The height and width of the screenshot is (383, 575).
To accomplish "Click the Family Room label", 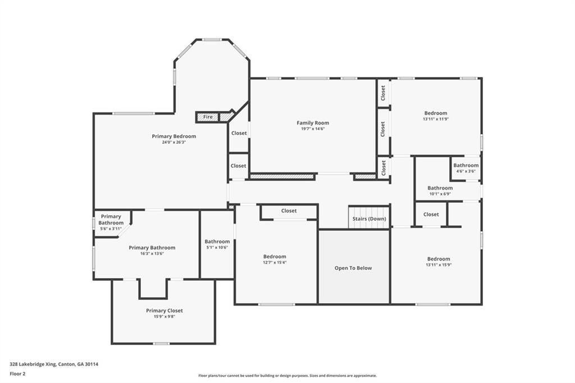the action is tap(313, 123).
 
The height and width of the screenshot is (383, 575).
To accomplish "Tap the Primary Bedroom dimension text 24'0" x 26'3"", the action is tap(174, 142).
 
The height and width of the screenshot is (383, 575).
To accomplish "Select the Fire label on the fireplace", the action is tap(208, 117).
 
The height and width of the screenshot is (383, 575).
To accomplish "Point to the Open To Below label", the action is tap(353, 268).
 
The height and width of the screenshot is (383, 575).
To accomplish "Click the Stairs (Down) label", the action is tap(369, 218).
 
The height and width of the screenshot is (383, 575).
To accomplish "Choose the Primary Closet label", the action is tap(165, 311).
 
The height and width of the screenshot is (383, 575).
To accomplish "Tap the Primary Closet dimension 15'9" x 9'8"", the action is tap(165, 317).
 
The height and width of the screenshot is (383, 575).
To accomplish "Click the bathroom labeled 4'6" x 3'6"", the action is tap(466, 168).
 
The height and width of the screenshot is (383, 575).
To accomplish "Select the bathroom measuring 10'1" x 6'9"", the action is tap(440, 190).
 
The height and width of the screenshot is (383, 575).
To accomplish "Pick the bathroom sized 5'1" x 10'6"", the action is tap(217, 244).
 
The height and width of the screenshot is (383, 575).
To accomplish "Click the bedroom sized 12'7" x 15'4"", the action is tap(275, 259).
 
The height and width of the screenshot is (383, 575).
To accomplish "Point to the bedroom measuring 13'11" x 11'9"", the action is tap(436, 116).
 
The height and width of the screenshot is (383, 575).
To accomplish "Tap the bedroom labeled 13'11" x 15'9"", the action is tap(439, 261).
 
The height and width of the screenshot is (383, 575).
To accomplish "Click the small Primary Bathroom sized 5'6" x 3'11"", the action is tap(111, 222).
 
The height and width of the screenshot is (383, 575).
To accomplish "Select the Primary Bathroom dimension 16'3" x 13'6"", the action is tap(152, 253).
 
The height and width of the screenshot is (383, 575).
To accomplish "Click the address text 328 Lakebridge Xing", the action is tap(33, 364).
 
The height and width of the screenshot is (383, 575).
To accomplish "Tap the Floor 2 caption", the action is tap(17, 374).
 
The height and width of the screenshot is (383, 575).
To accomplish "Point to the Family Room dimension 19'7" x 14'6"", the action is tap(313, 129).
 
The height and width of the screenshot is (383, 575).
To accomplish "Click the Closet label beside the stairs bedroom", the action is tap(289, 211).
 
